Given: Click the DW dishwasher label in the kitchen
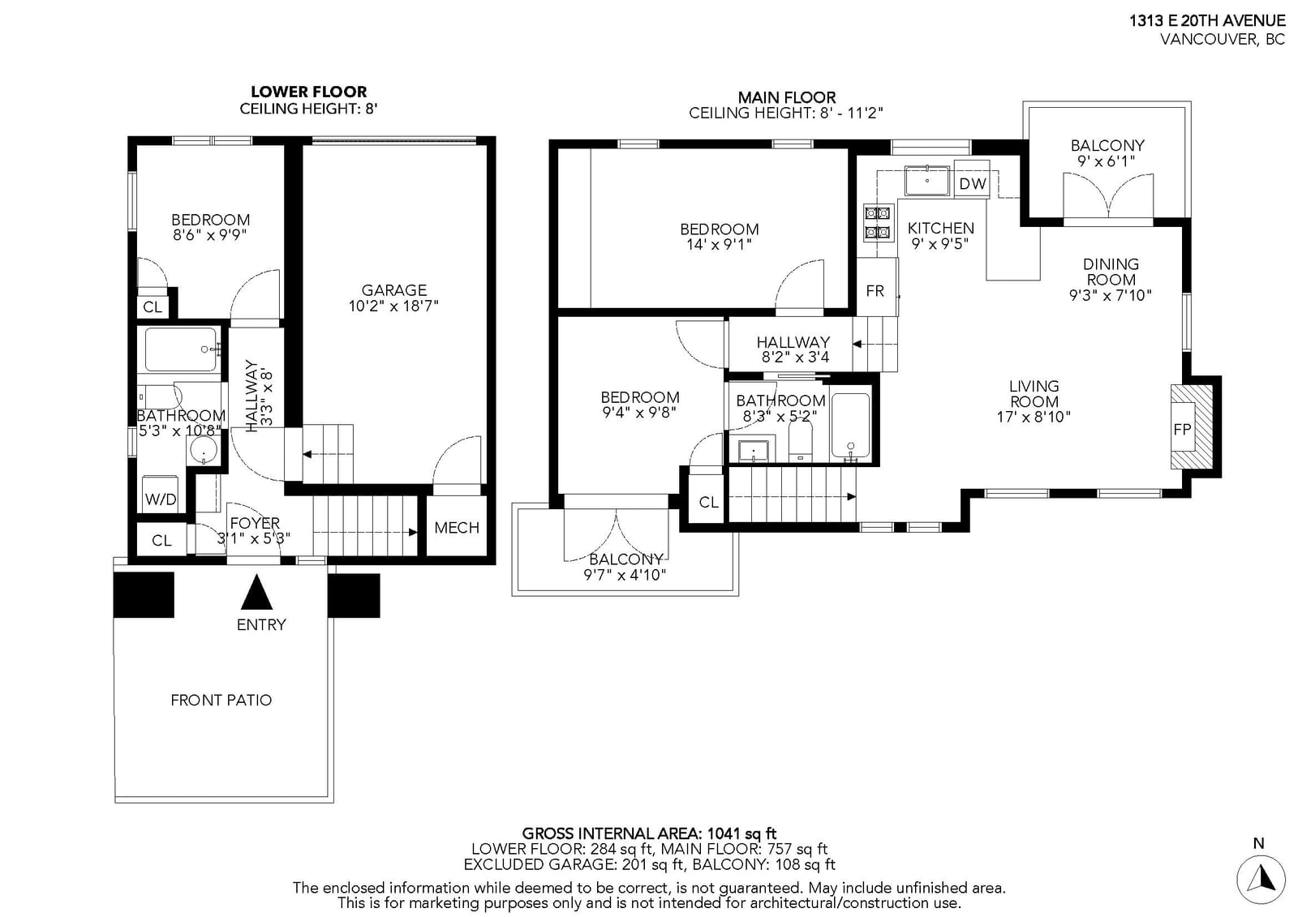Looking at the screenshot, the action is (x=973, y=183).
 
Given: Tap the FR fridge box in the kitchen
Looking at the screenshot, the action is (x=877, y=287).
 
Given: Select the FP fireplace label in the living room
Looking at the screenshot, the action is (x=1181, y=429).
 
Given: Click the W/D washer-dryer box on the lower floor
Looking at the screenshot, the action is (x=161, y=494).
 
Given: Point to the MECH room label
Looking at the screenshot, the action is (x=457, y=528).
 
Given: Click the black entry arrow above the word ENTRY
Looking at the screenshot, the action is (x=256, y=591).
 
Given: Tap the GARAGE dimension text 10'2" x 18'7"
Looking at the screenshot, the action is (x=393, y=306).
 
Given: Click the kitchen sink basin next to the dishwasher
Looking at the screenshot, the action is (x=927, y=180).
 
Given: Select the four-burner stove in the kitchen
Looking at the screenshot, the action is (x=877, y=223).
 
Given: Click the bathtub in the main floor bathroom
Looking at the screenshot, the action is (x=851, y=426).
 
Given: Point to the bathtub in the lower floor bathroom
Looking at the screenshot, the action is (x=181, y=349).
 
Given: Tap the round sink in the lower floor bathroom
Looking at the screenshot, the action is (x=204, y=449).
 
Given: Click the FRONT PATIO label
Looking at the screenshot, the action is (x=221, y=701).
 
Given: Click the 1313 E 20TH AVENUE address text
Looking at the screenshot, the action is (x=1207, y=21).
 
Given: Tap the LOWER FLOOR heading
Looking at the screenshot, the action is (x=309, y=92).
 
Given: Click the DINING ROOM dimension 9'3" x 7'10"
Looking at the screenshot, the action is (x=1111, y=295).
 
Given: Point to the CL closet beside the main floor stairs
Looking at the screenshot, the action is (x=707, y=502).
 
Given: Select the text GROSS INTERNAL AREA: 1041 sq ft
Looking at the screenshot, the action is (x=649, y=833).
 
